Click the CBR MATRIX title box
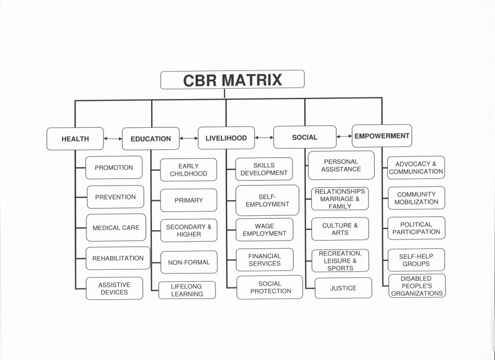pyautogui.click(x=232, y=80)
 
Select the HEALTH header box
pyautogui.click(x=75, y=139)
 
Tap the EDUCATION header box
pyautogui.click(x=151, y=139)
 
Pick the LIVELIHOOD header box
pyautogui.click(x=226, y=138)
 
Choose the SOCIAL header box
pyautogui.click(x=305, y=137)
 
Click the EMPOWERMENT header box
pyautogui.click(x=382, y=136)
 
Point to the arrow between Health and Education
pyautogui.click(x=113, y=139)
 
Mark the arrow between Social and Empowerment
pyautogui.click(x=344, y=137)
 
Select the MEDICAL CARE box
pyautogui.click(x=116, y=227)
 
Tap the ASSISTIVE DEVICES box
pyautogui.click(x=114, y=288)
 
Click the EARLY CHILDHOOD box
pyautogui.click(x=189, y=170)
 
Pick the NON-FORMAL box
pyautogui.click(x=189, y=263)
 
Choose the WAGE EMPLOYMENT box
pyautogui.click(x=264, y=230)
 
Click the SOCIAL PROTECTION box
pyautogui.click(x=270, y=287)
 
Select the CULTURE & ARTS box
pyautogui.click(x=340, y=229)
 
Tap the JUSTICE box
pyautogui.click(x=343, y=288)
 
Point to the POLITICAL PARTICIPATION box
pyautogui.click(x=416, y=228)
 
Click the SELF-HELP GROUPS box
pyautogui.click(x=416, y=260)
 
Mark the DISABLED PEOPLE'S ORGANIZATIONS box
pyautogui.click(x=416, y=286)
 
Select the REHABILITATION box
pyautogui.click(x=118, y=258)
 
